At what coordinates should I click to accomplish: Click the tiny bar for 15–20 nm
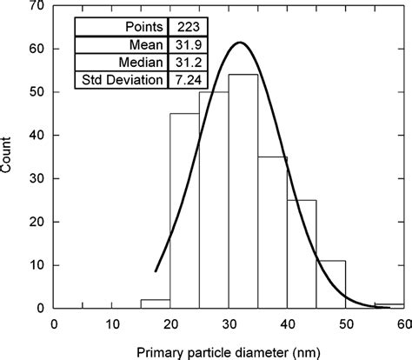tap(156, 303)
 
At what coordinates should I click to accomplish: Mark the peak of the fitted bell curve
tap(241, 43)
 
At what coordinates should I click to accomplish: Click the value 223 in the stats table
tap(183, 27)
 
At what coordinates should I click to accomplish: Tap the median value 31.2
tap(183, 63)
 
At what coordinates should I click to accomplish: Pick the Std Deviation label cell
tap(123, 81)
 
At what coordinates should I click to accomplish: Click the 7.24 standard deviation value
tap(183, 81)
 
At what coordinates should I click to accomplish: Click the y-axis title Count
tap(9, 157)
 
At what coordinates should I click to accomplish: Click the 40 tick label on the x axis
tap(287, 322)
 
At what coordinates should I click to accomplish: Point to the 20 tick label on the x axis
tap(170, 322)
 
